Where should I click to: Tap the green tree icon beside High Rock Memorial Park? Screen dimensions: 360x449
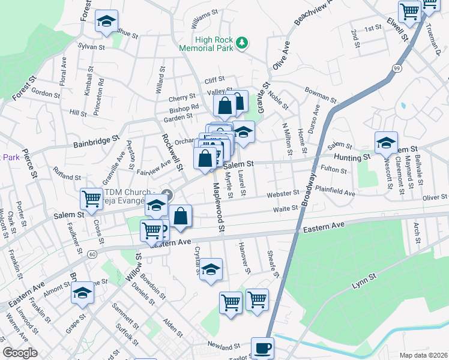point(242,42)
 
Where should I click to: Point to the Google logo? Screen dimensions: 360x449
point(20,353)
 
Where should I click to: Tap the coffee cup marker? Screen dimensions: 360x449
point(262,347)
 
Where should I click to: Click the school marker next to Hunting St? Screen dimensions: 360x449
point(386,143)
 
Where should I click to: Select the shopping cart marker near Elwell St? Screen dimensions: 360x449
point(409,10)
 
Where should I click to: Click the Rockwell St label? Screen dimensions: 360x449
point(167,150)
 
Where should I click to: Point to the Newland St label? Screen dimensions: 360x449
point(224,346)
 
